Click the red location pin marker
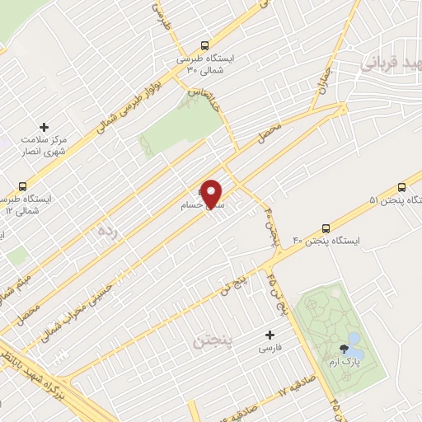(x=213, y=194)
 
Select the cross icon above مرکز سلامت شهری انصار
(x=45, y=128)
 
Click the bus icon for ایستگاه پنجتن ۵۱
(x=401, y=187)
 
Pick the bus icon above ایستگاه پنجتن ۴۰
(x=326, y=227)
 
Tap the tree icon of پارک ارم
(x=342, y=349)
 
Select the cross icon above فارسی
(x=270, y=335)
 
